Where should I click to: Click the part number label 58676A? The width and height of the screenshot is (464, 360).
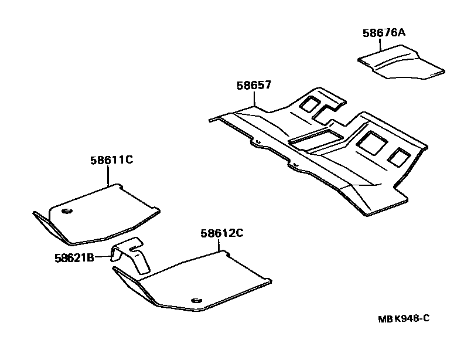(383, 33)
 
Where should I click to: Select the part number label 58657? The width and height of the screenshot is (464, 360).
(254, 85)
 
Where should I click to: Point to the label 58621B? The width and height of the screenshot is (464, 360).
(74, 256)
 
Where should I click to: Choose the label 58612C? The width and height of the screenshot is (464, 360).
(221, 233)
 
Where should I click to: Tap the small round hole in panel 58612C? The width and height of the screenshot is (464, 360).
(195, 300)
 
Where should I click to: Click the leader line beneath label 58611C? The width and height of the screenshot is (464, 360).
(111, 175)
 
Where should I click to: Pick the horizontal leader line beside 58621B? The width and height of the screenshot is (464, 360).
(103, 256)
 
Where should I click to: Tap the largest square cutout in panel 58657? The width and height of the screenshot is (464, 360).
(370, 142)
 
